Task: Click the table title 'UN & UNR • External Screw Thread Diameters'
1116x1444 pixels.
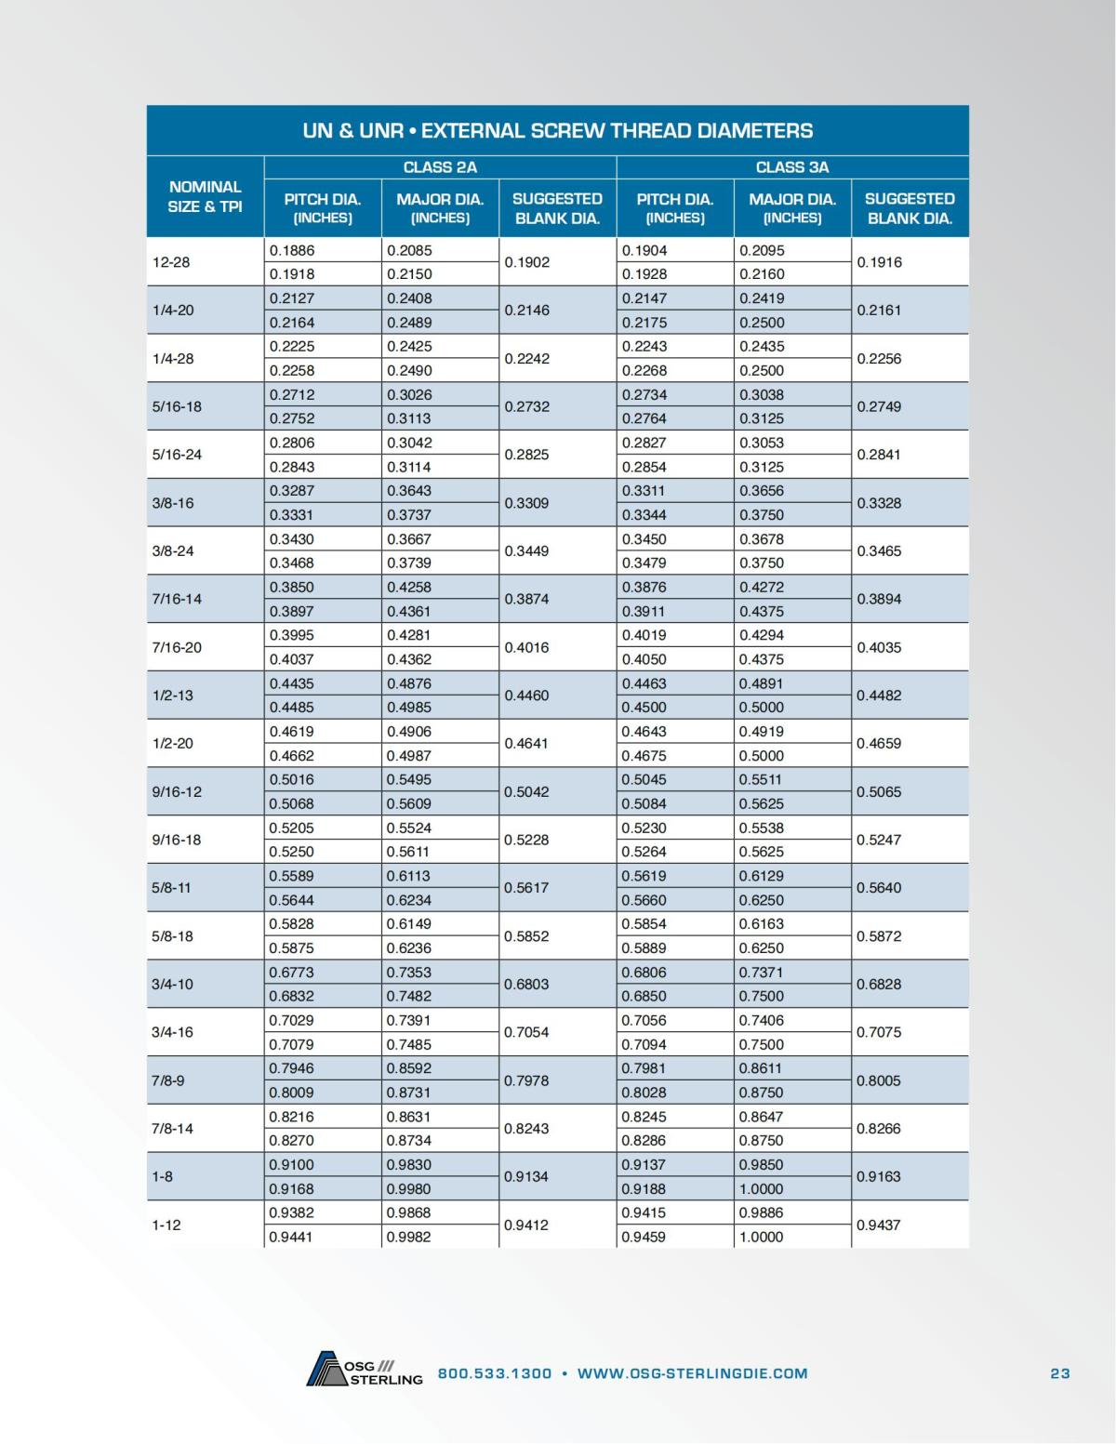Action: (557, 130)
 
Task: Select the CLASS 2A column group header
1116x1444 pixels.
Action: (440, 167)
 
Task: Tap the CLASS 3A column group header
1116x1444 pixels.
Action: (791, 167)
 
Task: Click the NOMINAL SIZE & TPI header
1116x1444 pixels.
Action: (205, 197)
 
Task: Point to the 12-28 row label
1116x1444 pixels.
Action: (171, 262)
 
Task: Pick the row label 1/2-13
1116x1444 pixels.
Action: (173, 696)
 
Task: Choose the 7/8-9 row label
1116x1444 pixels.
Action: (168, 1080)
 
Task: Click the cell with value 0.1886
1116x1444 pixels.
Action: (292, 250)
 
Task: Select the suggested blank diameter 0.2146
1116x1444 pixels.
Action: (526, 311)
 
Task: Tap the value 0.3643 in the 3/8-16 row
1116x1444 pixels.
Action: (409, 491)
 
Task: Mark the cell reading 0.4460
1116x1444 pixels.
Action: (526, 696)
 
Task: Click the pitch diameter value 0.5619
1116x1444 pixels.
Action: (644, 876)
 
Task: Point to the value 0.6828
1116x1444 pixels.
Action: (879, 984)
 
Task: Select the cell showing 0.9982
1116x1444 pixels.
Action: (409, 1237)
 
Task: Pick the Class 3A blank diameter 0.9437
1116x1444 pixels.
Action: (879, 1225)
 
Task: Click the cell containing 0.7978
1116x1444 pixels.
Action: (526, 1080)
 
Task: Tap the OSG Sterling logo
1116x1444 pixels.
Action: (364, 1370)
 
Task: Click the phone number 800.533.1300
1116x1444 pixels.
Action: (495, 1373)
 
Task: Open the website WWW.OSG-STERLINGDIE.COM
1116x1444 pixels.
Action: (692, 1373)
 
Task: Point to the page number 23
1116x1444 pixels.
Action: (1060, 1373)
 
